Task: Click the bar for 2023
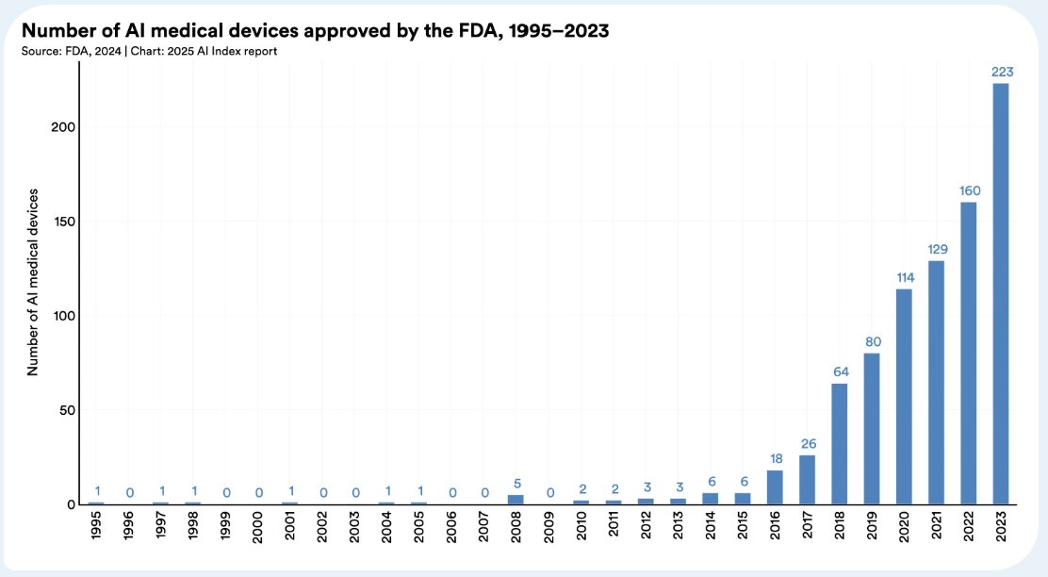coord(1001,293)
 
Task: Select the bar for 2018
coord(840,443)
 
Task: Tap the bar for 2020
coord(904,396)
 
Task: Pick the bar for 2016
coord(775,486)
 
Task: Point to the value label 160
coord(969,190)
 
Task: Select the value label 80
coord(872,340)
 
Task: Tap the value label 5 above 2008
coord(516,484)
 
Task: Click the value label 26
coord(807,443)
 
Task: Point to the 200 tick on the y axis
coord(60,127)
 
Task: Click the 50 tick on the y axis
coord(64,410)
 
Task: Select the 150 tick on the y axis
coord(60,222)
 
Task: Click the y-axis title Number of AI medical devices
coord(32,282)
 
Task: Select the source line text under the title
coord(148,50)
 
